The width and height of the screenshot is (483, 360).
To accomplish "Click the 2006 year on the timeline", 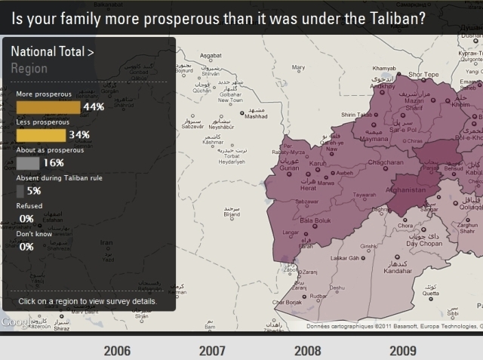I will tap(117, 350).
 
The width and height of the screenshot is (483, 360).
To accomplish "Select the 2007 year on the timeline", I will tap(212, 350).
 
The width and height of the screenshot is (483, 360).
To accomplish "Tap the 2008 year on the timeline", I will tap(307, 350).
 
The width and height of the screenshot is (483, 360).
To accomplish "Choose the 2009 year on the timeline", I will tap(403, 350).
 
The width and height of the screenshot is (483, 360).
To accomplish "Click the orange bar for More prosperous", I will tap(48, 107).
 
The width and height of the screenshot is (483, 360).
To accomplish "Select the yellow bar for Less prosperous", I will tap(41, 135).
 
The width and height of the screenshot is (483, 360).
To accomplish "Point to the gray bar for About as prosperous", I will tap(28, 163).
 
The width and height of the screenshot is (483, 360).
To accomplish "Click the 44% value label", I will tap(94, 107).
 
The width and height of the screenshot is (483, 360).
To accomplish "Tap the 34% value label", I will tap(79, 135).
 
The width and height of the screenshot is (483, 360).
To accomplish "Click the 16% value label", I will tap(54, 163).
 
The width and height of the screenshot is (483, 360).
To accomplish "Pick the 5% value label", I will tap(34, 191).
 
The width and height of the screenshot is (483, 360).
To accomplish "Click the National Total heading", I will tap(52, 52).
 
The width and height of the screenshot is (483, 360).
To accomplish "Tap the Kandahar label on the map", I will tap(398, 271).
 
